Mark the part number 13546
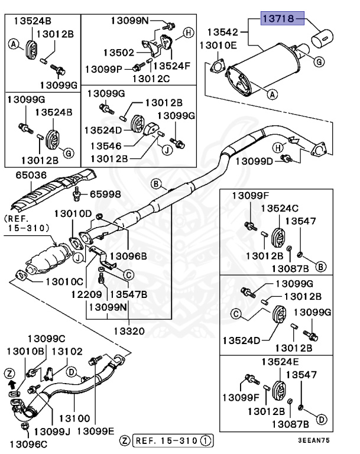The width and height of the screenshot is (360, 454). [109, 145]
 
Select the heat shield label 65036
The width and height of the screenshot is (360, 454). [22, 175]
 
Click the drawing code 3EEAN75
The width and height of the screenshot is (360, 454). [329, 440]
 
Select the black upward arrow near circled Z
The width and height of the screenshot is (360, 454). [10, 385]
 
